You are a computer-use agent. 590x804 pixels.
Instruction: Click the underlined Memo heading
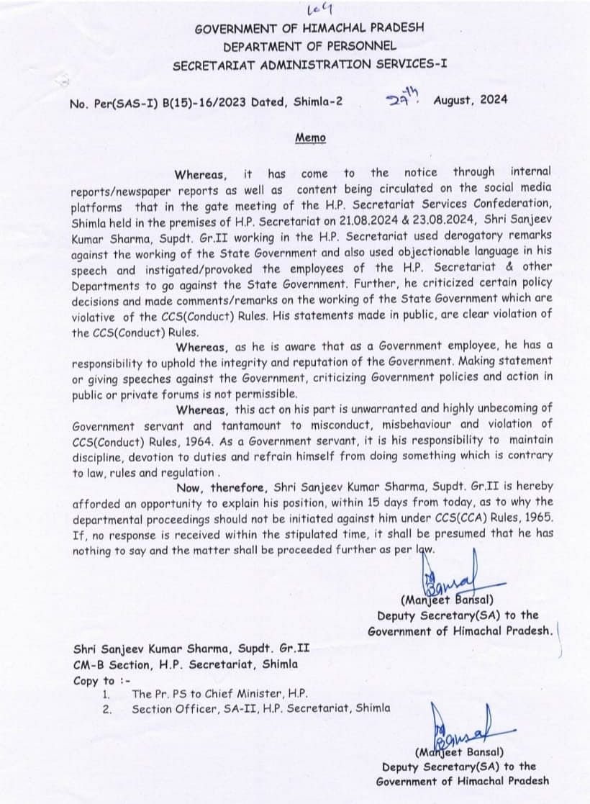310,137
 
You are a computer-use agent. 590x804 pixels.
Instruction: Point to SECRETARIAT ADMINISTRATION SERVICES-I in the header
309,65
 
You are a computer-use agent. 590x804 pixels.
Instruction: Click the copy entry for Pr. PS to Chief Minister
219,695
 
